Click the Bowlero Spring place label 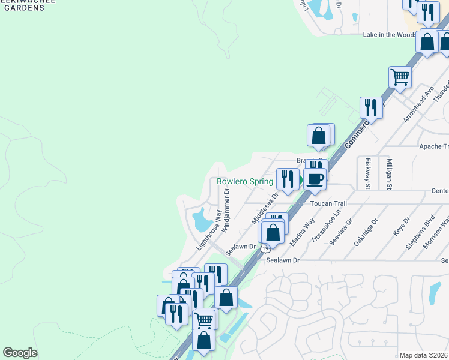pyautogui.click(x=245, y=181)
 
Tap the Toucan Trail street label pyautogui.click(x=328, y=203)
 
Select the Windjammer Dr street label pyautogui.click(x=226, y=211)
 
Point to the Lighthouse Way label pyautogui.click(x=209, y=230)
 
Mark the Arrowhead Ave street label pyautogui.click(x=419, y=104)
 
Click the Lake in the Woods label pyautogui.click(x=390, y=35)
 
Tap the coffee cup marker pyautogui.click(x=315, y=178)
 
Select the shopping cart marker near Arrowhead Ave pyautogui.click(x=400, y=77)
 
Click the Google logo pyautogui.click(x=20, y=353)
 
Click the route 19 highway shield pyautogui.click(x=264, y=247)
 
